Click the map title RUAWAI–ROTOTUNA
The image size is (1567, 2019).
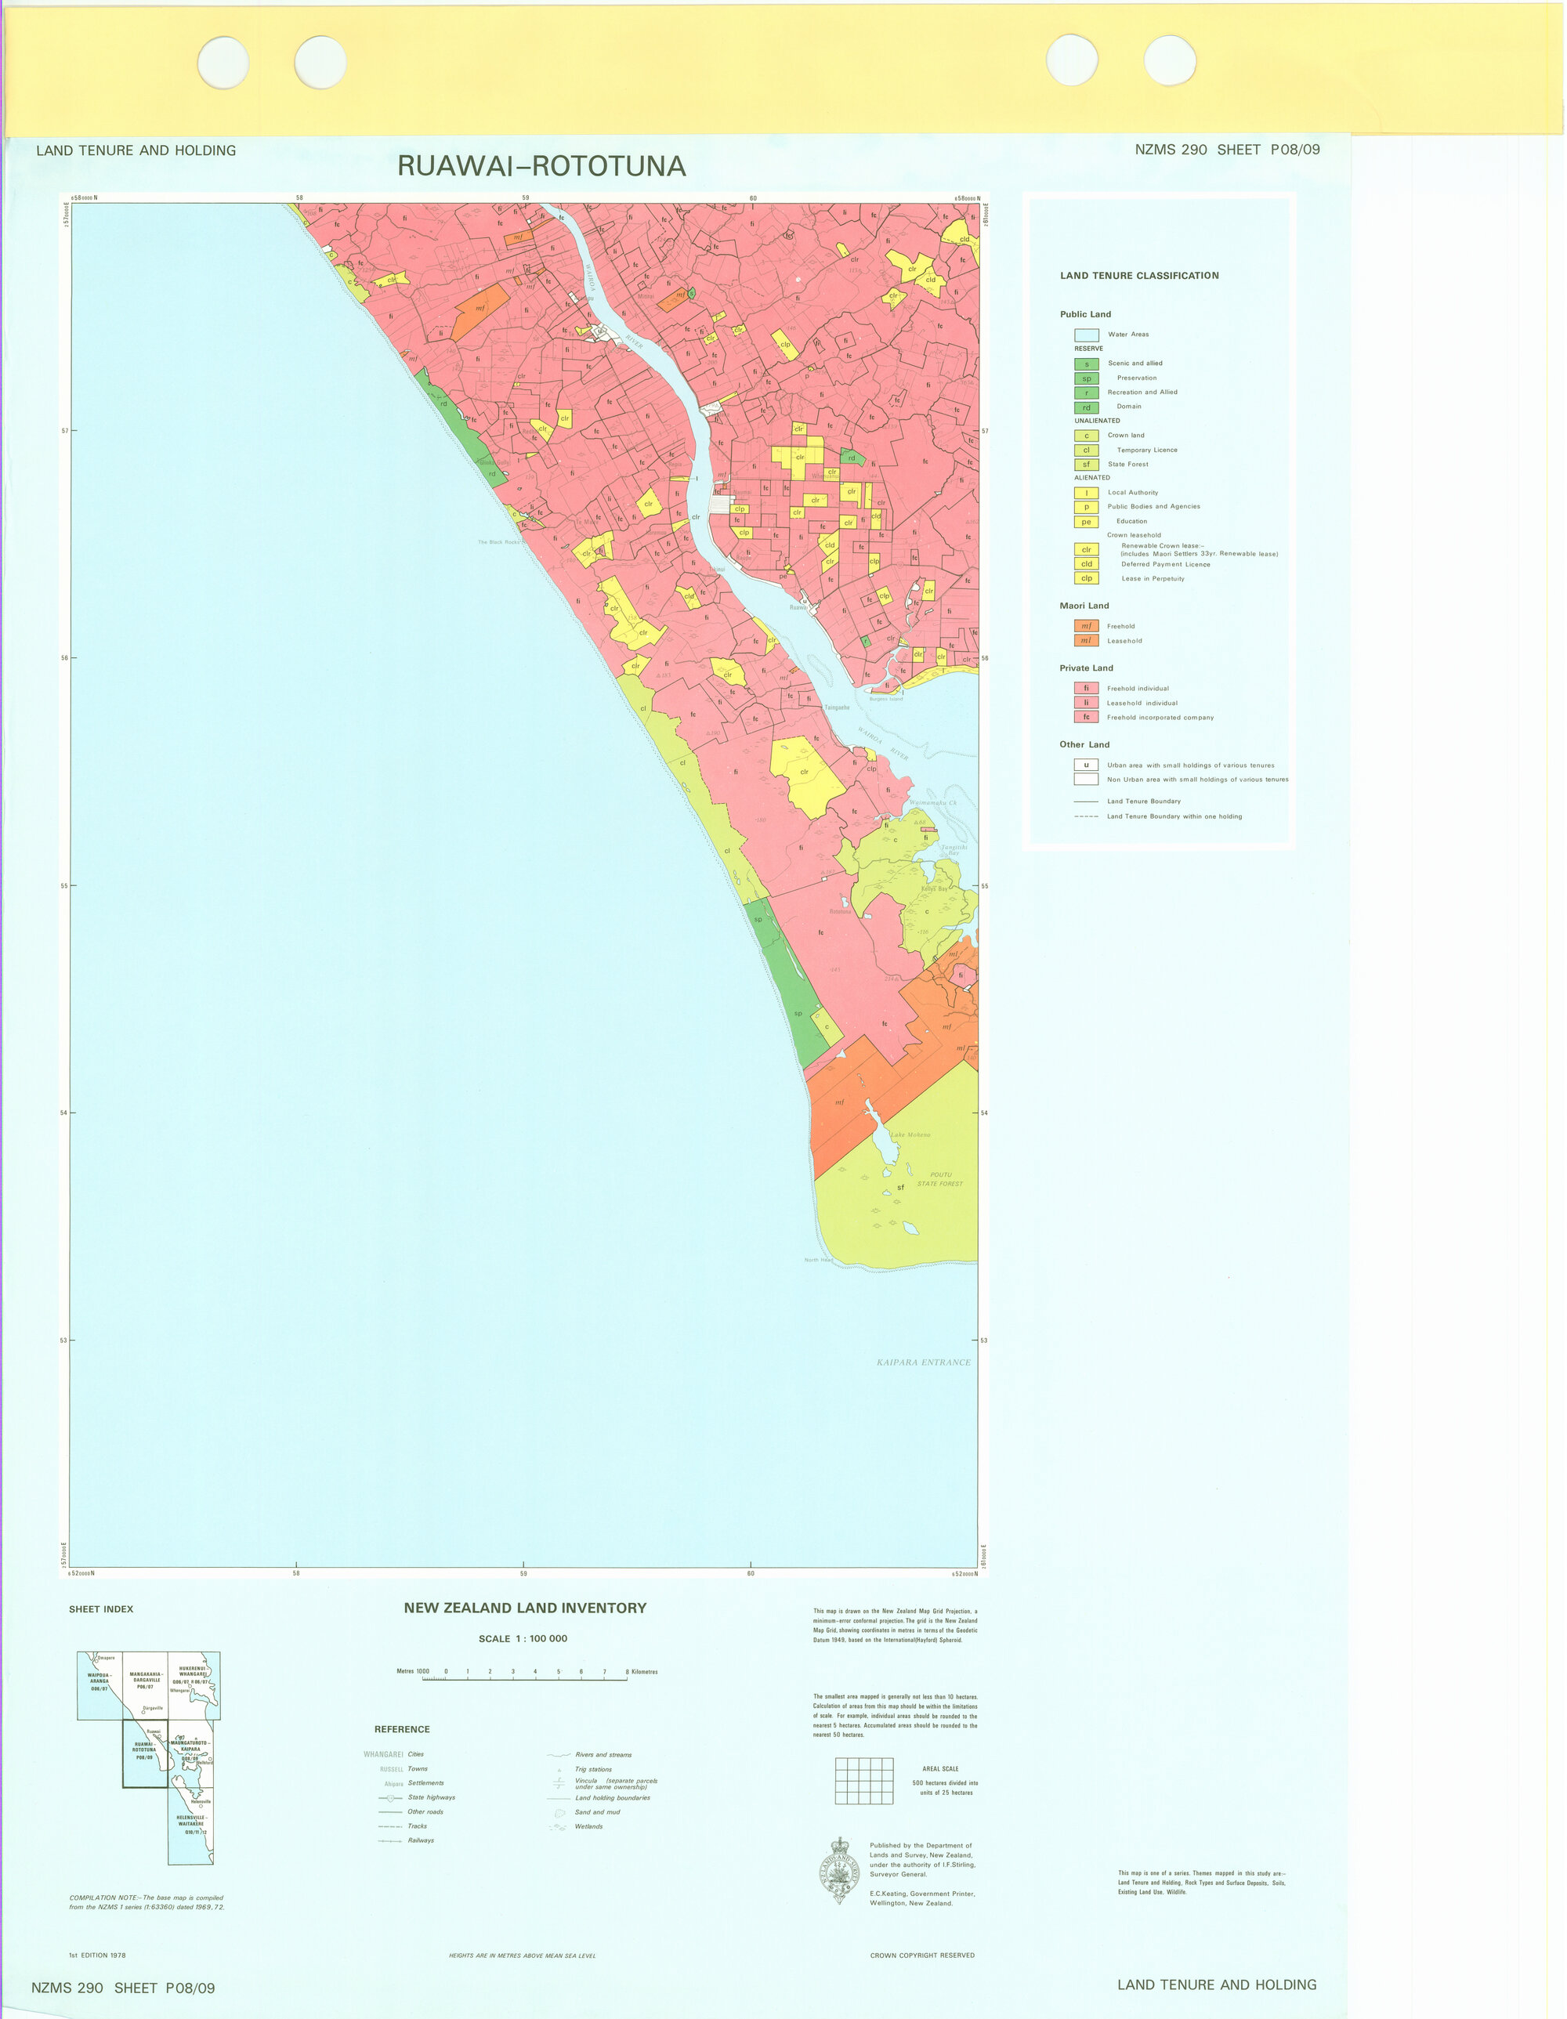pyautogui.click(x=541, y=166)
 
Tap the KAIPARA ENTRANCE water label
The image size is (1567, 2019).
pyautogui.click(x=923, y=1362)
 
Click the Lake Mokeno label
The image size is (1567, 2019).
pyautogui.click(x=910, y=1135)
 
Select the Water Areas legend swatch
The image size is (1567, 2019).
pyautogui.click(x=1086, y=335)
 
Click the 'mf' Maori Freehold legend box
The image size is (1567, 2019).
pyautogui.click(x=1086, y=626)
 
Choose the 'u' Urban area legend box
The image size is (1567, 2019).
pyautogui.click(x=1086, y=765)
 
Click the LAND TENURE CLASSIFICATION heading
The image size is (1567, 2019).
pyautogui.click(x=1139, y=276)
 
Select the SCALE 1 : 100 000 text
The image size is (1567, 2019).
pyautogui.click(x=523, y=1639)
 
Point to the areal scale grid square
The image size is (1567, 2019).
pyautogui.click(x=864, y=1781)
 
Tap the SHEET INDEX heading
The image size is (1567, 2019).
pyautogui.click(x=101, y=1609)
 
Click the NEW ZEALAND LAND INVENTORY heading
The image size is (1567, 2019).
pyautogui.click(x=525, y=1608)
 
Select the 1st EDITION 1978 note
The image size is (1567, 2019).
pyautogui.click(x=97, y=1956)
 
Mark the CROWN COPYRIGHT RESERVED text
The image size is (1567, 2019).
pyautogui.click(x=921, y=1956)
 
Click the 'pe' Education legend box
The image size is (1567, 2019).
pyautogui.click(x=1086, y=521)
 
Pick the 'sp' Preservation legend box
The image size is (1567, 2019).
pyautogui.click(x=1086, y=378)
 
